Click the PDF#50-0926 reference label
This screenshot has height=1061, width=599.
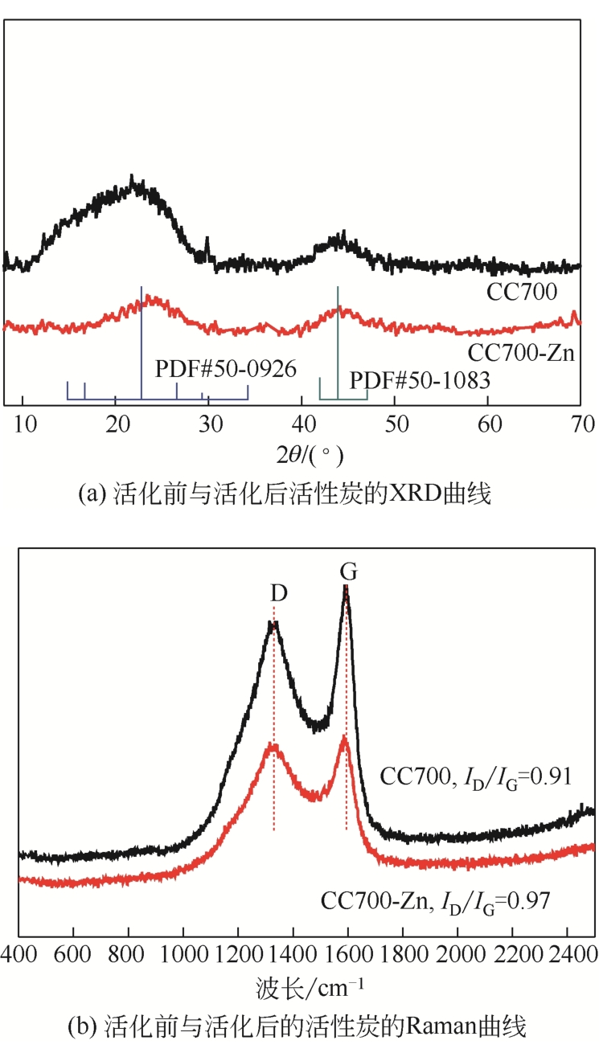[x=226, y=370]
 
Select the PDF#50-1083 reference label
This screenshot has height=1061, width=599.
[x=419, y=379]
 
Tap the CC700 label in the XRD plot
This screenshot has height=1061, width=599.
[x=522, y=293]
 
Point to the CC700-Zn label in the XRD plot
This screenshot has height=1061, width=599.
[x=521, y=352]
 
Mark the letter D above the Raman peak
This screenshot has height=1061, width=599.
[x=278, y=594]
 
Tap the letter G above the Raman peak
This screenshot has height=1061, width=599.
[x=348, y=571]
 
